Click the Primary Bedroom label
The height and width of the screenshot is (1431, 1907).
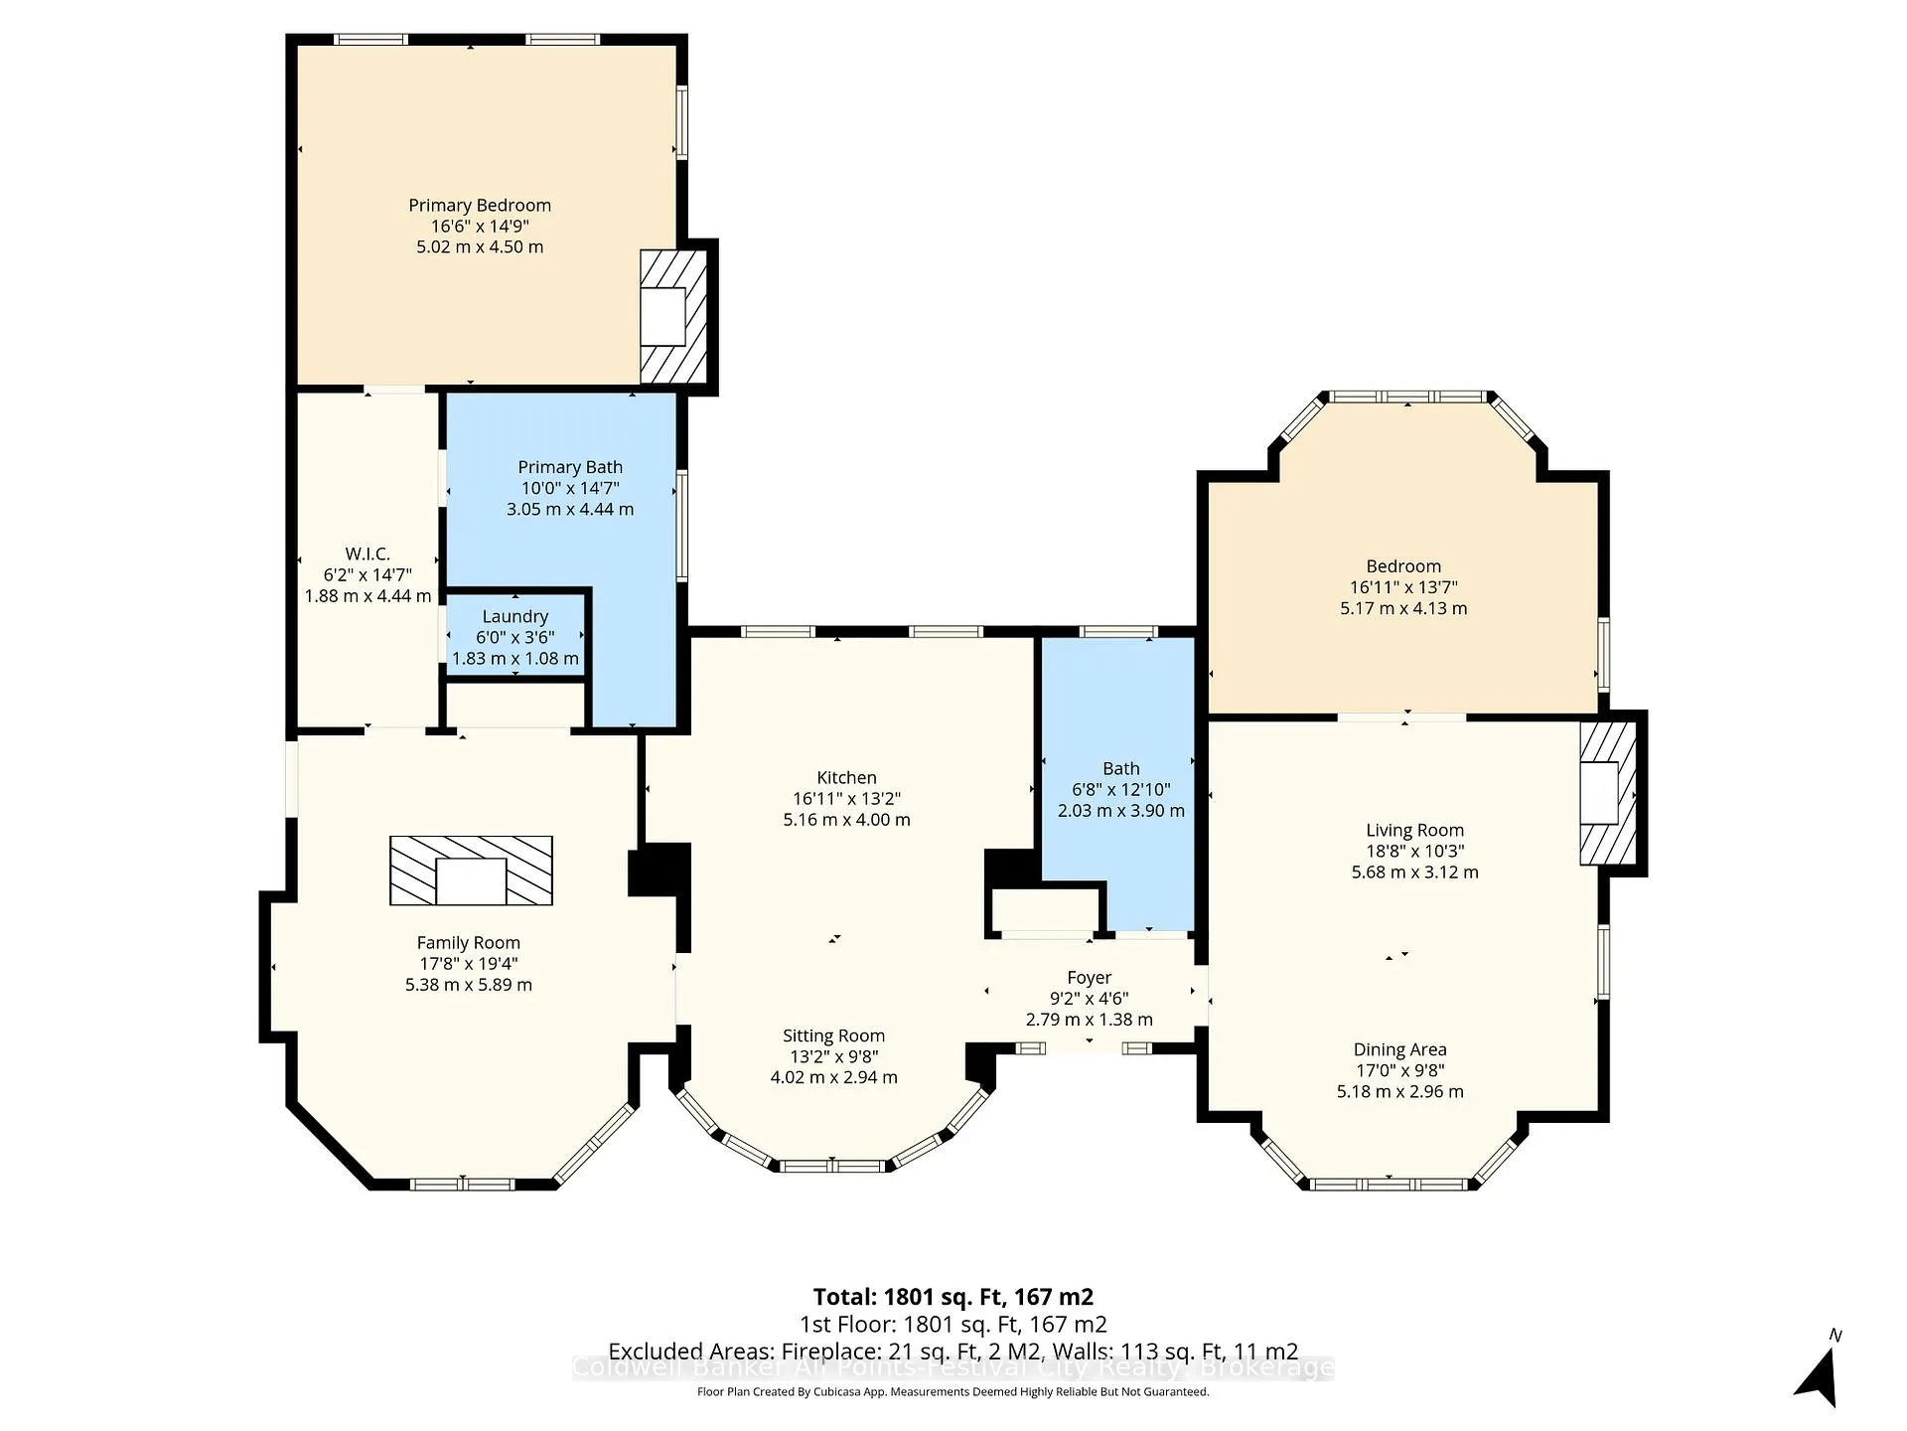pyautogui.click(x=480, y=206)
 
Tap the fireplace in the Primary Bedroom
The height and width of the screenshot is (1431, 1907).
pyautogui.click(x=672, y=316)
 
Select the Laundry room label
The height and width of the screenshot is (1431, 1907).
pyautogui.click(x=514, y=617)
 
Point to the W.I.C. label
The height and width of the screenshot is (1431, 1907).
pyautogui.click(x=367, y=554)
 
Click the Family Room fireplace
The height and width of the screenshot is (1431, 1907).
pyautogui.click(x=471, y=871)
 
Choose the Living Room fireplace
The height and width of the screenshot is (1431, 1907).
pyautogui.click(x=1608, y=793)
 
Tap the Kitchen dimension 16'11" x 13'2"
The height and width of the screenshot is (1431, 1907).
pyautogui.click(x=846, y=799)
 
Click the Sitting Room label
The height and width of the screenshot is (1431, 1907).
pyautogui.click(x=833, y=1035)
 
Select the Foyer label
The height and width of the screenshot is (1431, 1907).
pyautogui.click(x=1090, y=978)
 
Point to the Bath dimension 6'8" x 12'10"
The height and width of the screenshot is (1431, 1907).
pyautogui.click(x=1120, y=790)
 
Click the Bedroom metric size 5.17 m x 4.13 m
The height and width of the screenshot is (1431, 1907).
pyautogui.click(x=1403, y=608)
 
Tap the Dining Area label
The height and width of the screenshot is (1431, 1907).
pyautogui.click(x=1399, y=1049)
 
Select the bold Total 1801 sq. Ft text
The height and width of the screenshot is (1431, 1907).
pyautogui.click(x=953, y=1297)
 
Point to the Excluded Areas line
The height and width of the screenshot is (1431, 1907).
pyautogui.click(x=953, y=1351)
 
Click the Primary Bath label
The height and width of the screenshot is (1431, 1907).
pyautogui.click(x=570, y=467)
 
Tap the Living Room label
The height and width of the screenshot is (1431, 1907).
pyautogui.click(x=1414, y=830)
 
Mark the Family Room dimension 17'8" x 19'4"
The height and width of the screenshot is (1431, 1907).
pyautogui.click(x=469, y=964)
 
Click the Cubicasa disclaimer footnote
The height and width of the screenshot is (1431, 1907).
pyautogui.click(x=953, y=1392)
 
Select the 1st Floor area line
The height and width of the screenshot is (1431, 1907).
pyautogui.click(x=953, y=1325)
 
